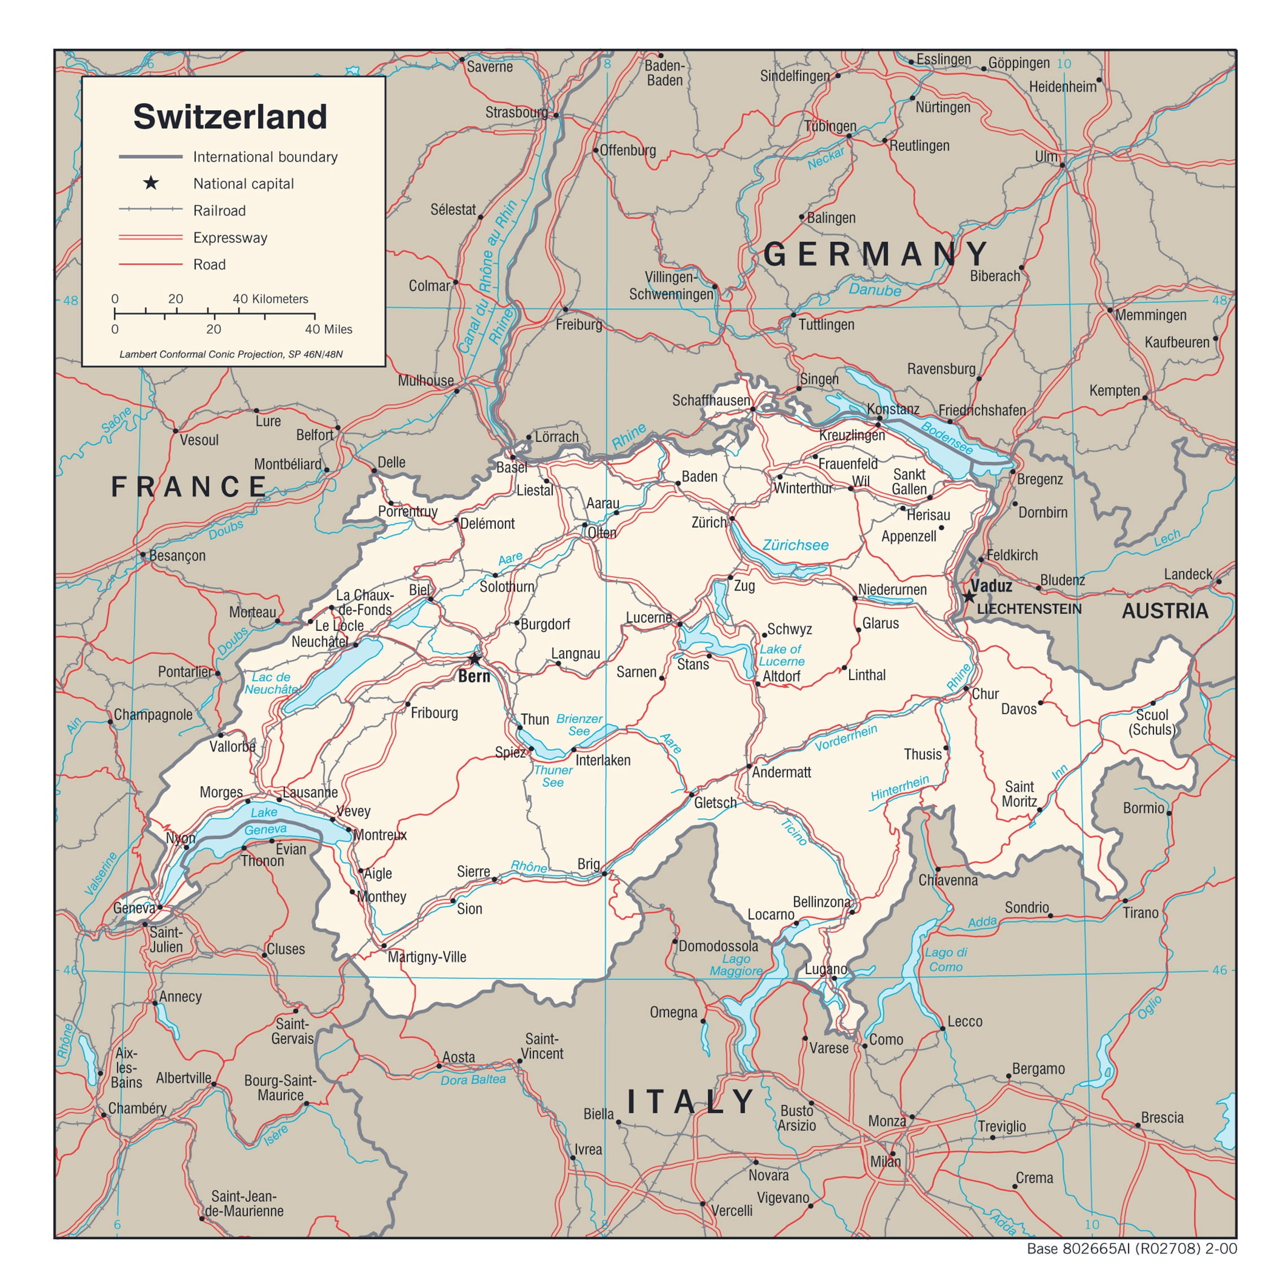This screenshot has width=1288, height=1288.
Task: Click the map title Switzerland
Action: (x=230, y=117)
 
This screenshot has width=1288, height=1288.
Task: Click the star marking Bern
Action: (x=474, y=659)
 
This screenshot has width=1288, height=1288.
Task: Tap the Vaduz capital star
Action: (x=969, y=597)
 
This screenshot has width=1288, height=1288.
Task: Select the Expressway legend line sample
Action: (x=151, y=237)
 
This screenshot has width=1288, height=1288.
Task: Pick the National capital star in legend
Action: (x=151, y=182)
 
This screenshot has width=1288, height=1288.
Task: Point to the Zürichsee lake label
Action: (x=795, y=545)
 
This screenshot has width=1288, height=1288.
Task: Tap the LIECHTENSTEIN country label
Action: (x=1029, y=608)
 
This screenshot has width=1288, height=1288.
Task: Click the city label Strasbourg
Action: (x=516, y=112)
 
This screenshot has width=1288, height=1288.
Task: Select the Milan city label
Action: (x=885, y=1162)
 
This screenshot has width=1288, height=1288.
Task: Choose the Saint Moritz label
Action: (x=1019, y=794)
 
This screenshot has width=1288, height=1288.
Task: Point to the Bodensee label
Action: (x=947, y=438)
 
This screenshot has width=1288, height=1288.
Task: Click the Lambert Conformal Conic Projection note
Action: (x=230, y=354)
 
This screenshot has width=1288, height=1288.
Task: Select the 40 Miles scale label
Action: (x=328, y=329)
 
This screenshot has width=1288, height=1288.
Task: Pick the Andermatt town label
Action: (x=781, y=772)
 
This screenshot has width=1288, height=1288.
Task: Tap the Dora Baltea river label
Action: (x=473, y=1080)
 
